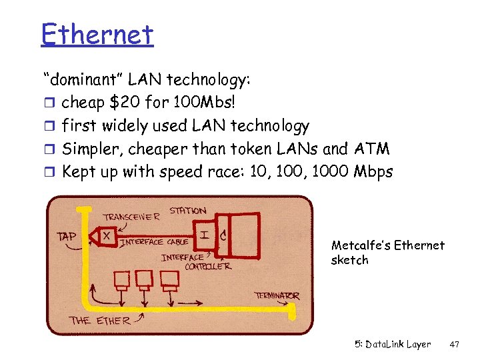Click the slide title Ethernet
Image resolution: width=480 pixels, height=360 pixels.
[97, 35]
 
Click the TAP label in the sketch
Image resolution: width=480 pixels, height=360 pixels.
[67, 235]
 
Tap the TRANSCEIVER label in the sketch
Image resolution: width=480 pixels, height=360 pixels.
[131, 217]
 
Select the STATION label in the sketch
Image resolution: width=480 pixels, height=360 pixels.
[187, 211]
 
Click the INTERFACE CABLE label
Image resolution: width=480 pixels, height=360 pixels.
[154, 242]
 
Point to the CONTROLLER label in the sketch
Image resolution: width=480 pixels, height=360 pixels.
[207, 267]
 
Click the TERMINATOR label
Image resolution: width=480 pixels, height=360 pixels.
[277, 295]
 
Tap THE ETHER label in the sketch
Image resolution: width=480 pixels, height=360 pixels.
[99, 320]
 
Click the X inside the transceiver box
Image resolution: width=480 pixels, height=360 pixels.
[106, 235]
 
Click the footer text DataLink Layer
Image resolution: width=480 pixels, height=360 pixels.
[401, 345]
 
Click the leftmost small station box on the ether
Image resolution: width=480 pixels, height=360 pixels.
[122, 279]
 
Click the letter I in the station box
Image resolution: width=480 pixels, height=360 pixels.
[204, 235]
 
